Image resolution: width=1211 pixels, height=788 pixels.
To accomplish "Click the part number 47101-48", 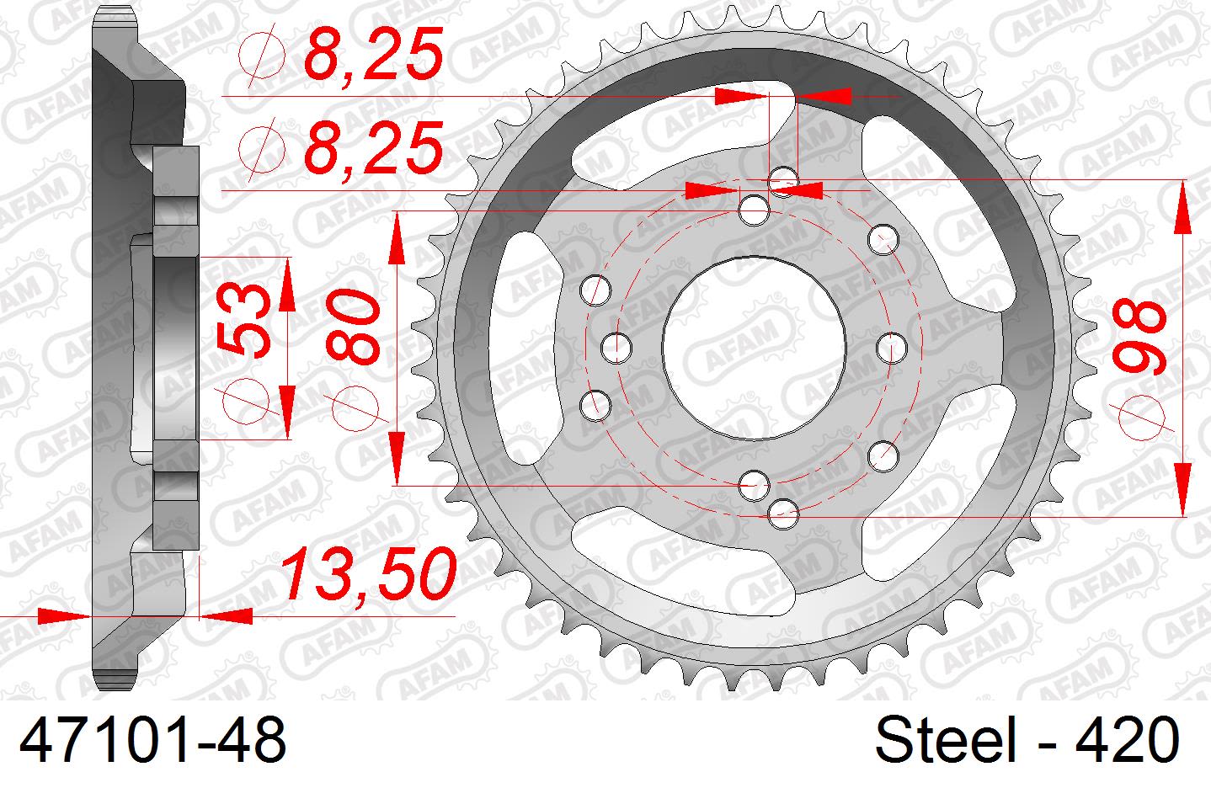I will click(x=152, y=742).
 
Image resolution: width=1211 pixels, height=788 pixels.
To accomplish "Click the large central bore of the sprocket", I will click(x=754, y=345).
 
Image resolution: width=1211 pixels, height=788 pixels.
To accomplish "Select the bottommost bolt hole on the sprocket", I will click(x=784, y=509).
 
